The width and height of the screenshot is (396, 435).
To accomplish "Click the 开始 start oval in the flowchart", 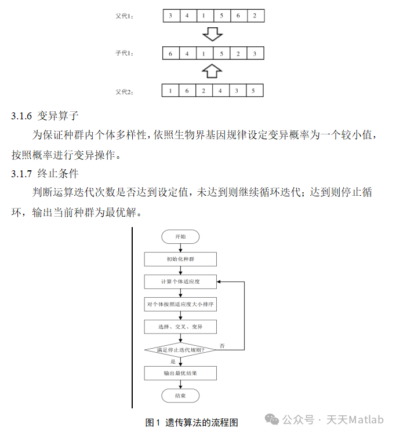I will (180, 236).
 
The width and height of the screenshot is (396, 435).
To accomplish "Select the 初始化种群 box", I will (180, 259).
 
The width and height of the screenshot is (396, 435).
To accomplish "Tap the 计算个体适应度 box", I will (180, 282).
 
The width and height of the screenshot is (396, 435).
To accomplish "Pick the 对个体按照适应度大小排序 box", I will (180, 304).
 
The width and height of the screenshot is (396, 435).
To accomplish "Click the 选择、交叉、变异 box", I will (180, 327).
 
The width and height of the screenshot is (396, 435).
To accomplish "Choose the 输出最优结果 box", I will (180, 373).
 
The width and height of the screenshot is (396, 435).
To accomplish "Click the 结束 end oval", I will (180, 396).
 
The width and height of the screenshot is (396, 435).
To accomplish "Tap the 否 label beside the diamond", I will (222, 346).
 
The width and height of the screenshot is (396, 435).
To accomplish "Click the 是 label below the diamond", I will (173, 361).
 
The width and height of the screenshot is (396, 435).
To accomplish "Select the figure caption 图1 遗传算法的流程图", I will (191, 422).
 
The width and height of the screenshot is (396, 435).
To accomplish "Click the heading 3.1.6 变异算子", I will (45, 116).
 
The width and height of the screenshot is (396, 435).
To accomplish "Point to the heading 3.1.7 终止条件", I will (45, 173).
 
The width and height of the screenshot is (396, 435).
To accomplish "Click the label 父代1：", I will (125, 16).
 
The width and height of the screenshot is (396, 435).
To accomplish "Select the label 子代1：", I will (125, 54).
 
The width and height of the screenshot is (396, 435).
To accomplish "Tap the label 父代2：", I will (125, 91).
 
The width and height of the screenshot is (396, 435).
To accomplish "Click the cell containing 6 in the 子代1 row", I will (170, 54).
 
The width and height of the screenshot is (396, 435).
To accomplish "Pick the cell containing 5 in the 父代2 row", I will (253, 91).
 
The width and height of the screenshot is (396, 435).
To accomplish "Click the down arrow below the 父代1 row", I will (213, 34).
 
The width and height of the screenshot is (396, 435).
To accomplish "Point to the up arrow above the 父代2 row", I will (213, 72).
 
